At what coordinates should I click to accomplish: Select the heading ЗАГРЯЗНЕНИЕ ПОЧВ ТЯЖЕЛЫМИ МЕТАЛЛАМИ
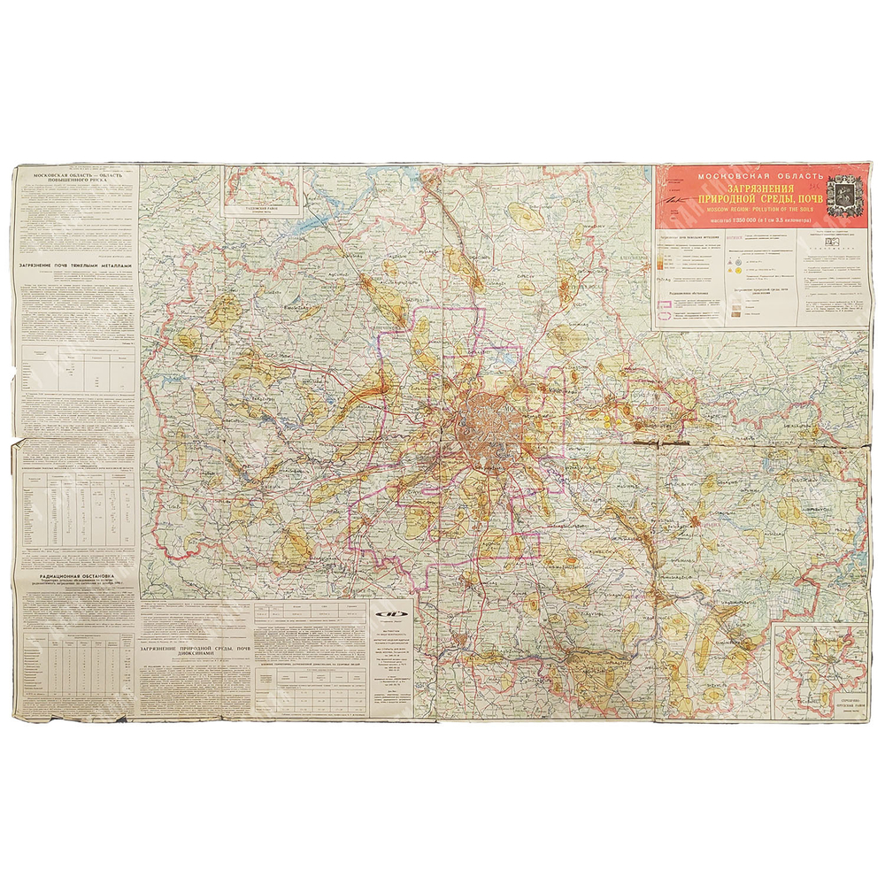click(76, 265)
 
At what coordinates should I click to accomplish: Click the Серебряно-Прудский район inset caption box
click(850, 705)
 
